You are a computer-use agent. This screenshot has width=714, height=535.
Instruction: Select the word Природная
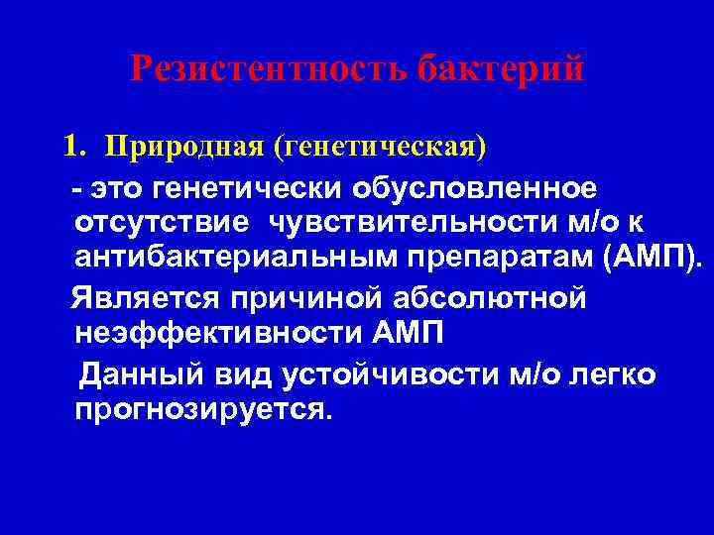click(x=187, y=148)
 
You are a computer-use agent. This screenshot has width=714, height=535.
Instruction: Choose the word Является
click(x=142, y=297)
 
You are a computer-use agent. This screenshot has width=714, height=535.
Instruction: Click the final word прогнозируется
click(x=198, y=409)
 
